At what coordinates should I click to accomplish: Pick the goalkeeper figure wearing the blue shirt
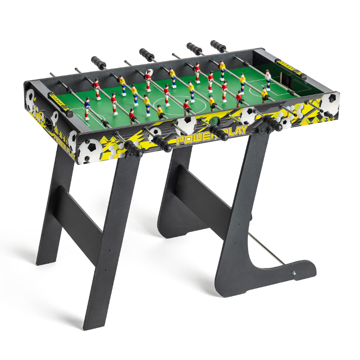coord(87,106)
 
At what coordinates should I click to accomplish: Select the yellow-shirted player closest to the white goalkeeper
coord(264,94)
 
